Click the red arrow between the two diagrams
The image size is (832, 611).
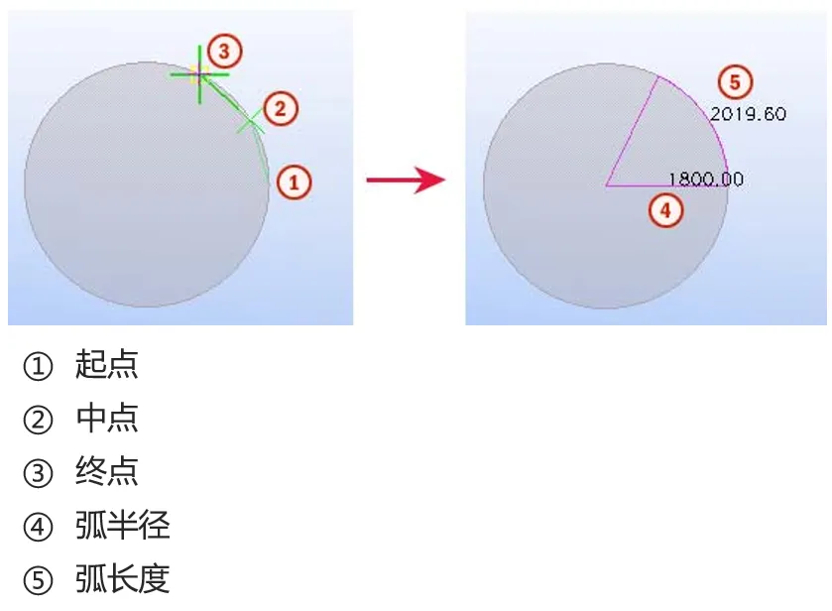405,180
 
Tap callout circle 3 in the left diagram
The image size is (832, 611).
225,50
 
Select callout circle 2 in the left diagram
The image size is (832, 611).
281,108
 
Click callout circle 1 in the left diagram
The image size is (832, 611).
295,182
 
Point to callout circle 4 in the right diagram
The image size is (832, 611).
665,209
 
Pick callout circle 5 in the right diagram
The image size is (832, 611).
734,81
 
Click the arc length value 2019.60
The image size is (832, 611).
748,114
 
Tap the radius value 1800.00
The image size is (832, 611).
706,180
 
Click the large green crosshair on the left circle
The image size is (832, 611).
199,73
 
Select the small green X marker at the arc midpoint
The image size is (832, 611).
250,122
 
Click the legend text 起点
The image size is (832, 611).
107,365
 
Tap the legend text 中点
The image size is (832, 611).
107,419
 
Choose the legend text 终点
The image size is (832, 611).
107,472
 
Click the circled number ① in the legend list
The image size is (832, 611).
37,367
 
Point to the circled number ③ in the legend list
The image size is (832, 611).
37,474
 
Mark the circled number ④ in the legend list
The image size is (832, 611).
37,528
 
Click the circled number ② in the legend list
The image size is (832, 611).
37,421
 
